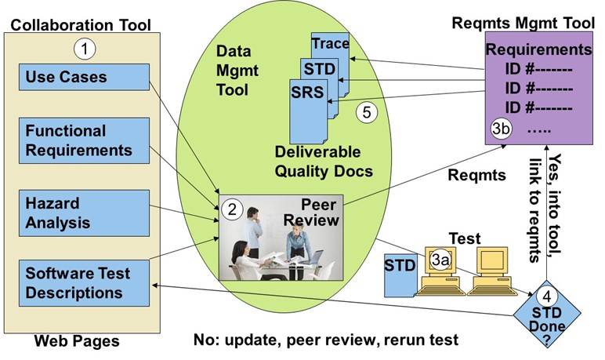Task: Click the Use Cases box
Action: click(84, 77)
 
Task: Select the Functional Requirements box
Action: click(84, 140)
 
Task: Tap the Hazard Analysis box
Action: click(84, 213)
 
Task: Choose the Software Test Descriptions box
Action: click(84, 283)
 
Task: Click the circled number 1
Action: click(85, 49)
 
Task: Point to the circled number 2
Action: click(232, 209)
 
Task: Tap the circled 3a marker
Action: click(440, 260)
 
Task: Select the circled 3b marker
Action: click(502, 129)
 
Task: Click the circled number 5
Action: click(367, 112)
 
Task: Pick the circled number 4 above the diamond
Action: click(547, 296)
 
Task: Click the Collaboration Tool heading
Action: click(81, 25)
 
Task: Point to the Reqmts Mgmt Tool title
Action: click(523, 24)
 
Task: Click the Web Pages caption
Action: click(77, 341)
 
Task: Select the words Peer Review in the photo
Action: click(312, 213)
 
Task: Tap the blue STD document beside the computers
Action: click(400, 275)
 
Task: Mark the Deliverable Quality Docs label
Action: click(324, 162)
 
